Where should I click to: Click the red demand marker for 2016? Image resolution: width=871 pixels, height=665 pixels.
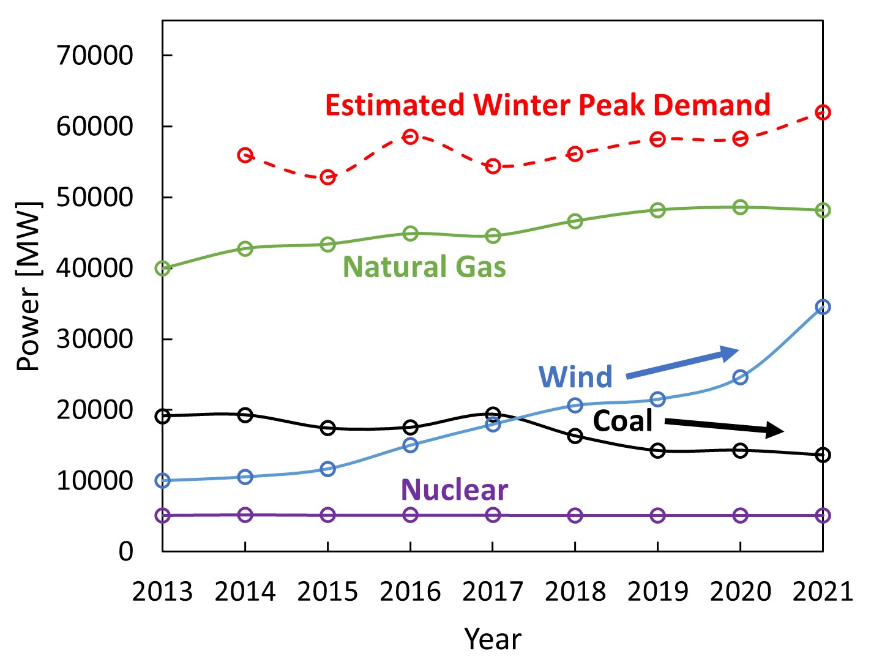point(410,136)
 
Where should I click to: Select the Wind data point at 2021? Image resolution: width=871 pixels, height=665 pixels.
point(823,306)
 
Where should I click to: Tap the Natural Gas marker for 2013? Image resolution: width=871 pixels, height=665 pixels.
point(163,269)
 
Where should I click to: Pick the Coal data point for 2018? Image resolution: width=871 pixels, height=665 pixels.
point(575,436)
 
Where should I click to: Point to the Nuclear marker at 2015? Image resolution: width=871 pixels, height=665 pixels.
point(327,515)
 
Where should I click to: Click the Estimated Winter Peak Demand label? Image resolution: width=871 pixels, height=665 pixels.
point(547,105)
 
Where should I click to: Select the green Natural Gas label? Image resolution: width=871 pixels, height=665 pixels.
point(424,267)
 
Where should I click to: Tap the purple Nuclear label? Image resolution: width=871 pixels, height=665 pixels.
point(454,489)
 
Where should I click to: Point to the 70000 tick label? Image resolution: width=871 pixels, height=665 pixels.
point(95,56)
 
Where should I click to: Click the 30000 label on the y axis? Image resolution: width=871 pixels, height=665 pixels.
point(95,339)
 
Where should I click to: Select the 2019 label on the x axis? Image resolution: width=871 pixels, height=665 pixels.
point(657,592)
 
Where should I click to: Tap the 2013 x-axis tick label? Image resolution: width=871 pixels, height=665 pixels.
point(163,592)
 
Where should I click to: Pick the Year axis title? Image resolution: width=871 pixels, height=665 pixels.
point(492,639)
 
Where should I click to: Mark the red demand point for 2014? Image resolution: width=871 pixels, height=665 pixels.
point(245,155)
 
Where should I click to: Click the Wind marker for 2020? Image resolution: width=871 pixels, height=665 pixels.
point(740,377)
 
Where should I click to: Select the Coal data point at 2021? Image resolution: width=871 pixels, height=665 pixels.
point(823,455)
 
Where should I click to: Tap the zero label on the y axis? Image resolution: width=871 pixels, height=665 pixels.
point(125,552)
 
